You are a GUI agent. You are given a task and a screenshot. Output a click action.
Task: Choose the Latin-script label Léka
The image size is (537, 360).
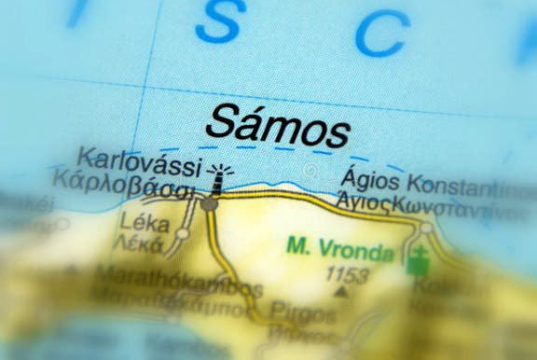pos(138,224)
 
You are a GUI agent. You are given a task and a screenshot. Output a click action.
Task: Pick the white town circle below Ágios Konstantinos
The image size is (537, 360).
pos(425,227)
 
